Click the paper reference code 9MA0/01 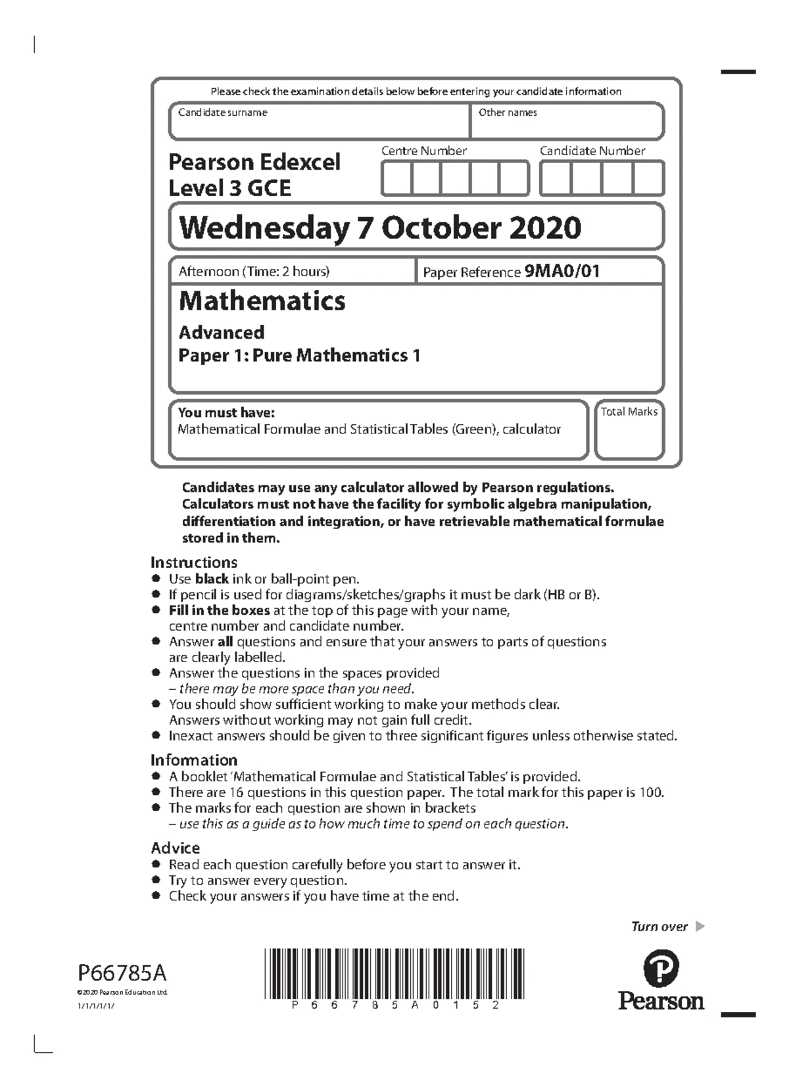click(562, 271)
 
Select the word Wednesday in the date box click(264, 228)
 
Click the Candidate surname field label click(222, 112)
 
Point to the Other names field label click(508, 112)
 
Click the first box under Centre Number click(396, 179)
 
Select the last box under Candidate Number click(648, 179)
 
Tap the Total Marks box click(629, 430)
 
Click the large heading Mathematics click(262, 301)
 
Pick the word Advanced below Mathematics click(222, 332)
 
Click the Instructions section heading click(193, 562)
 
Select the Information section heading click(193, 760)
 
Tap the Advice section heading click(175, 848)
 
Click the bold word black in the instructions click(212, 579)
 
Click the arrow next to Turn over click(700, 927)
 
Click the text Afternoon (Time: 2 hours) click(254, 271)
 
